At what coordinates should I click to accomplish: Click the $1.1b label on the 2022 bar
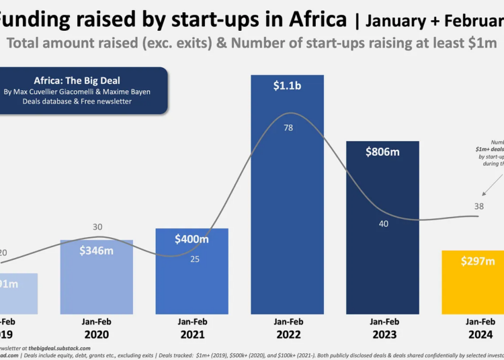click(x=288, y=86)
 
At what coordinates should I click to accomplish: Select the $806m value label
click(x=382, y=152)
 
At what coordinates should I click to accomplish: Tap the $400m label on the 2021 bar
click(x=192, y=238)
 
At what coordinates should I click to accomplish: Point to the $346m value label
click(x=97, y=251)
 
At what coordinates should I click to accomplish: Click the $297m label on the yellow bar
click(x=478, y=261)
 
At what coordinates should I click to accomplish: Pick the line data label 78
click(x=288, y=128)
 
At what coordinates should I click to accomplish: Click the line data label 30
click(x=97, y=227)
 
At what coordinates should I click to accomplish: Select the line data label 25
click(x=195, y=259)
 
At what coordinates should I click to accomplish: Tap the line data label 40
click(x=384, y=224)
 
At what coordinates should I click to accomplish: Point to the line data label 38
click(x=479, y=207)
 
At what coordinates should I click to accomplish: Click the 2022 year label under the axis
click(x=288, y=334)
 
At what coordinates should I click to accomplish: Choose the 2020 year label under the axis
click(x=97, y=334)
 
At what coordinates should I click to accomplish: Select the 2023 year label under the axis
click(x=384, y=334)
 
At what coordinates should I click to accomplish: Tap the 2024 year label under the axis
click(x=479, y=334)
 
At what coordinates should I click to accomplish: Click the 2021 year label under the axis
click(x=193, y=334)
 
